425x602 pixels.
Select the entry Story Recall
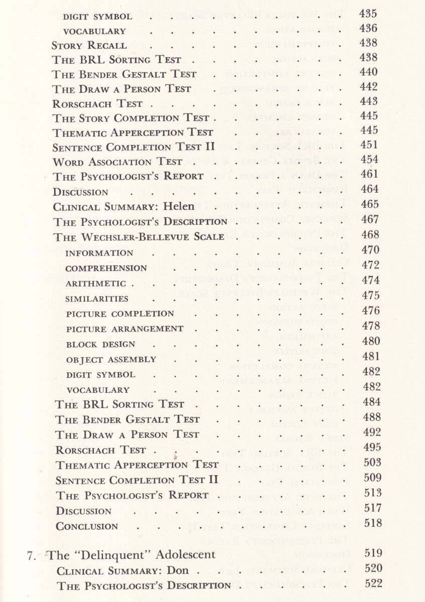click(89, 45)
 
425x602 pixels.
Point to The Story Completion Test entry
click(131, 118)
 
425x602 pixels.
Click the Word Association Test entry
click(117, 162)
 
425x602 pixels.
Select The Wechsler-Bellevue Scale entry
click(139, 236)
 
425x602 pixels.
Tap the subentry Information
click(99, 253)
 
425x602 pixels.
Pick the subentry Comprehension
click(106, 268)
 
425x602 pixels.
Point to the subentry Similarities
click(97, 299)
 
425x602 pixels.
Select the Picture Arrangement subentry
click(124, 329)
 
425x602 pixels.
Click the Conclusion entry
click(87, 526)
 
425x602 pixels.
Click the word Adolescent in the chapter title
click(186, 555)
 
